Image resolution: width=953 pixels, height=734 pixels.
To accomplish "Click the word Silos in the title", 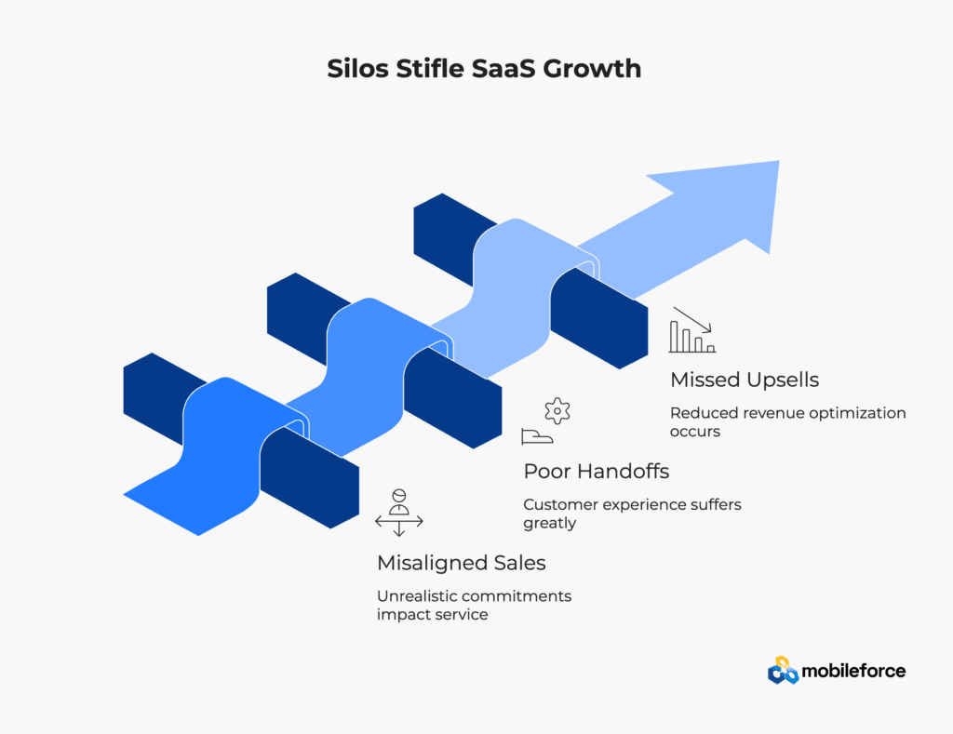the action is (357, 68).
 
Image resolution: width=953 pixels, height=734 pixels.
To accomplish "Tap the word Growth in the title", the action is (591, 68).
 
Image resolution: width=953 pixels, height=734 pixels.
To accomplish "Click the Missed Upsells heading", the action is (745, 380).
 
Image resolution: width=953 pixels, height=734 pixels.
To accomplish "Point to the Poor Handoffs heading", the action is (597, 471).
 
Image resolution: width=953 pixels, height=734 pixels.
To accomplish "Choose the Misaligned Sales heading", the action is (462, 563).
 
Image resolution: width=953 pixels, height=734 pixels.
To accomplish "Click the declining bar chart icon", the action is (691, 330).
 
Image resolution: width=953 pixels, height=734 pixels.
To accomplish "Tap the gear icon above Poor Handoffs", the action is (557, 411).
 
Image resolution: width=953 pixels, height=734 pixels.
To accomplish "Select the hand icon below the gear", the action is (537, 436).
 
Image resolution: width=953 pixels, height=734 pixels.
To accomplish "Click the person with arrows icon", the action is (398, 513).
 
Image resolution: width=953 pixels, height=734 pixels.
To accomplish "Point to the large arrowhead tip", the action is (779, 161).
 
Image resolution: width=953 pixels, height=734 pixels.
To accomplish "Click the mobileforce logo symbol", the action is (783, 670).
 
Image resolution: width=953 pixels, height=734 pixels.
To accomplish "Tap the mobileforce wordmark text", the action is (854, 671).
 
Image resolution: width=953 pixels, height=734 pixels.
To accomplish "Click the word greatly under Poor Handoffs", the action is (549, 523).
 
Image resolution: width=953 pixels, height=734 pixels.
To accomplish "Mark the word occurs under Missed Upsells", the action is (695, 432).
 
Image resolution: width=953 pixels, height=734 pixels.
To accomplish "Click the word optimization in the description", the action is (857, 413).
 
